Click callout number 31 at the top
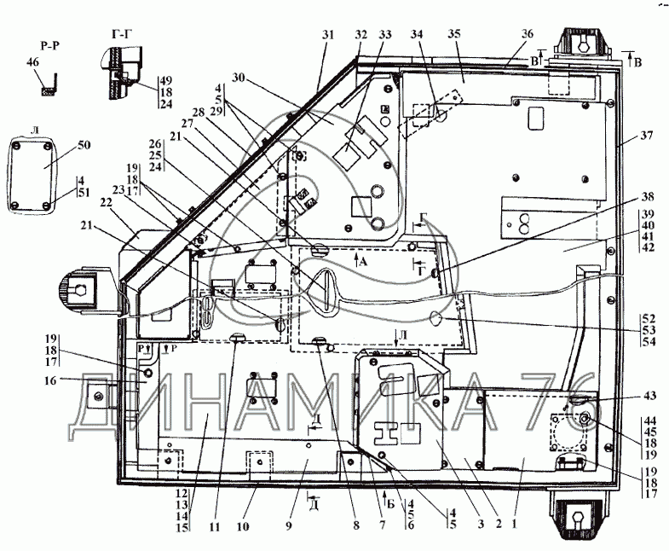click(x=327, y=35)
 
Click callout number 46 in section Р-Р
click(x=32, y=62)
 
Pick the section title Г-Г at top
click(x=120, y=35)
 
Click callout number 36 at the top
click(x=527, y=35)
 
